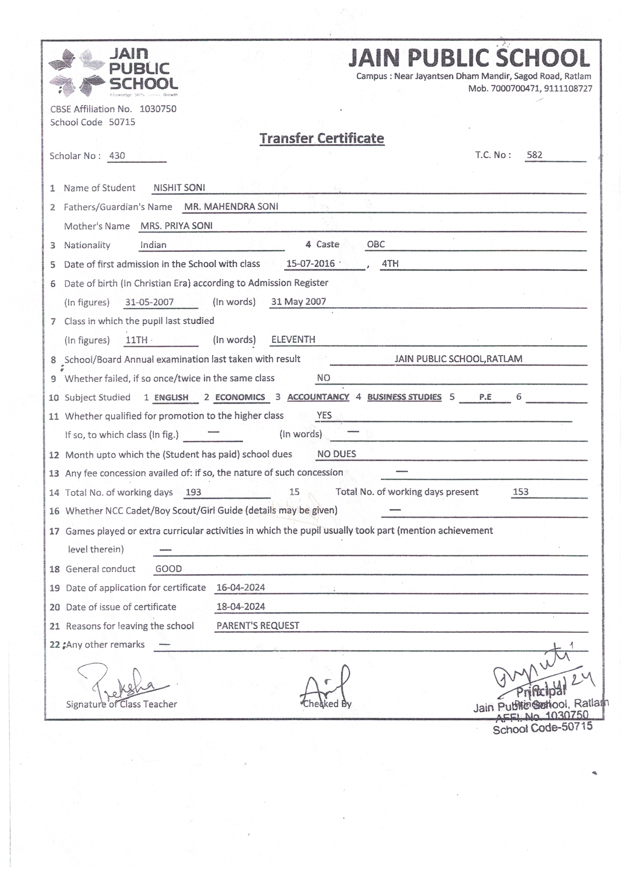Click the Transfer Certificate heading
tap(322, 138)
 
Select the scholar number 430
tap(117, 155)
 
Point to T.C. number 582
tap(534, 154)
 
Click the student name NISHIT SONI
tap(179, 188)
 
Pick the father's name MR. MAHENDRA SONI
tap(231, 206)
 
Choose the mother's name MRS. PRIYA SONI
tap(176, 225)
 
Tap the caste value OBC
tap(376, 244)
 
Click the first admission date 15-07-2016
tap(311, 264)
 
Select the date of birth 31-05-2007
tap(149, 302)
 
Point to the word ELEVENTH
tap(293, 339)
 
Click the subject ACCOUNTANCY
tap(318, 397)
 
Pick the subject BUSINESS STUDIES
tap(404, 397)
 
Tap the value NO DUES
tap(336, 454)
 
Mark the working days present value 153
tap(520, 492)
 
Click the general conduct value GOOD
tap(168, 569)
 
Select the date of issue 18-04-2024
tap(240, 606)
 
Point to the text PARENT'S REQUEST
tap(258, 626)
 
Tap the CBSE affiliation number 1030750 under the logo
tap(158, 109)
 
